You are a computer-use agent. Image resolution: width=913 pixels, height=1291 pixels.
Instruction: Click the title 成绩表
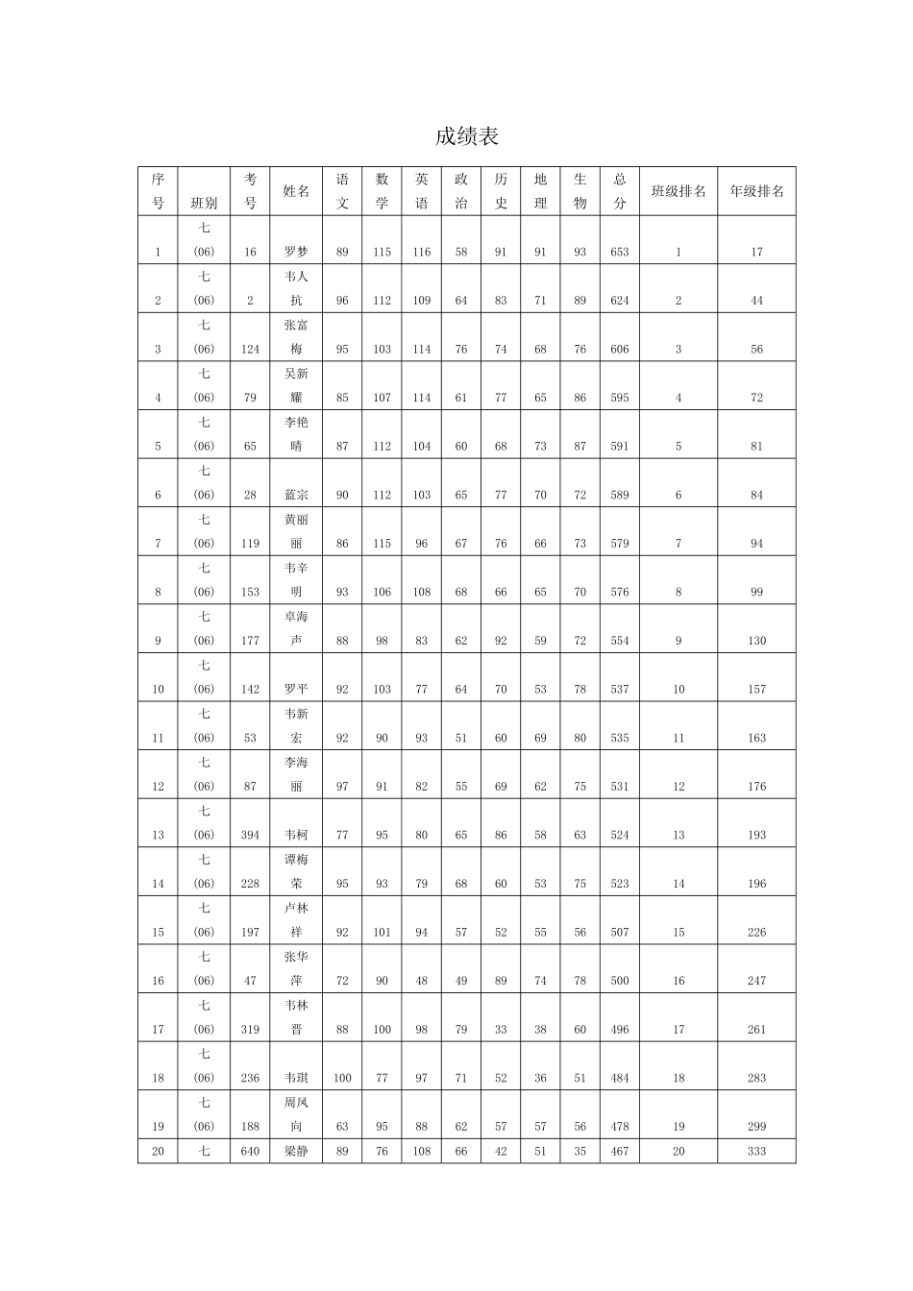click(x=467, y=136)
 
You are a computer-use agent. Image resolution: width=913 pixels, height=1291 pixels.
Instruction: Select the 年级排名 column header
click(x=756, y=191)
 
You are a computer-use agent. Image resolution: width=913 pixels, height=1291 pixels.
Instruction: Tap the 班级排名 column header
click(x=679, y=191)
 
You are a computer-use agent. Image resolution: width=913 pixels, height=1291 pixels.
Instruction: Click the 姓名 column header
click(x=296, y=191)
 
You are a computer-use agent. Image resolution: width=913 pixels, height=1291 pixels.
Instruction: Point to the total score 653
click(x=620, y=252)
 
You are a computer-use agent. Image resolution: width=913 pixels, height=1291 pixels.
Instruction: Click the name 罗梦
click(x=296, y=252)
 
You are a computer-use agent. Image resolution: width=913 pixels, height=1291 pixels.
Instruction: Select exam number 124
click(x=250, y=349)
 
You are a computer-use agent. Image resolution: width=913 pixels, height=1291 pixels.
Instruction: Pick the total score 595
click(x=620, y=398)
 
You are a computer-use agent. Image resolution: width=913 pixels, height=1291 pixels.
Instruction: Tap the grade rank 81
click(x=756, y=446)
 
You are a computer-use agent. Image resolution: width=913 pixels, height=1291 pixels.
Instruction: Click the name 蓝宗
click(x=296, y=495)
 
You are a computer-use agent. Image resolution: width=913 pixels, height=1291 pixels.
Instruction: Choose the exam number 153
click(x=250, y=592)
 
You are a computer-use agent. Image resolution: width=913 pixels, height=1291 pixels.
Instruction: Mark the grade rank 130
click(x=756, y=641)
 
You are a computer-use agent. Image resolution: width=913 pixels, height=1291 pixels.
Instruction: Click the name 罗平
click(x=296, y=689)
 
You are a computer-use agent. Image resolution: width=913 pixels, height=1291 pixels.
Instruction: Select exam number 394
click(x=250, y=835)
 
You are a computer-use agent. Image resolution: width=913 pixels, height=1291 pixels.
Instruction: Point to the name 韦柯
click(x=296, y=835)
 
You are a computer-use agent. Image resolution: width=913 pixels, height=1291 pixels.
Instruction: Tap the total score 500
click(x=620, y=981)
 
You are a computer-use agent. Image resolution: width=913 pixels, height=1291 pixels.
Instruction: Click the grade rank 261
click(x=756, y=1029)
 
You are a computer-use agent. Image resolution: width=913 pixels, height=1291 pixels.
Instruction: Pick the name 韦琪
click(x=296, y=1078)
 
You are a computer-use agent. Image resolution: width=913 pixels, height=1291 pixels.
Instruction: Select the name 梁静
click(x=296, y=1151)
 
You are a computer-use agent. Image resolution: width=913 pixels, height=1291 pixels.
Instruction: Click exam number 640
click(x=250, y=1151)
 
